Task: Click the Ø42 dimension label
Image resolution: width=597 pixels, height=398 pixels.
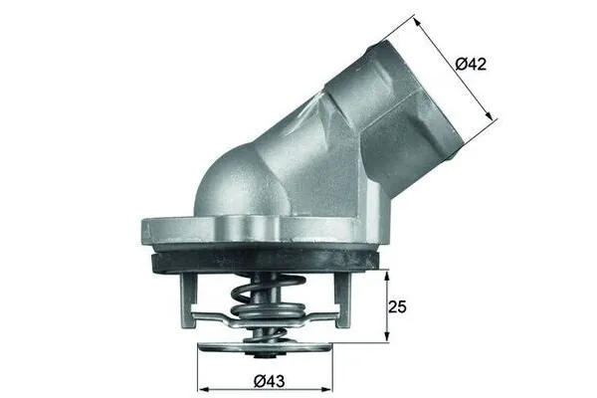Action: (471, 64)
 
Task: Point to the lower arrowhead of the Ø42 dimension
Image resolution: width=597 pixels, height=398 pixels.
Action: (492, 118)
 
